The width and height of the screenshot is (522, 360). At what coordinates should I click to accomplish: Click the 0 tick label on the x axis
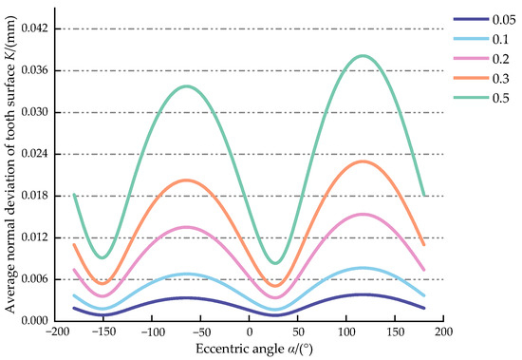coord(249,333)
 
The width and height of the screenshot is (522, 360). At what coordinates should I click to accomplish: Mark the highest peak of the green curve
coord(363,55)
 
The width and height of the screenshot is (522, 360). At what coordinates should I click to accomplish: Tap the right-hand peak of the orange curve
coord(364,161)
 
